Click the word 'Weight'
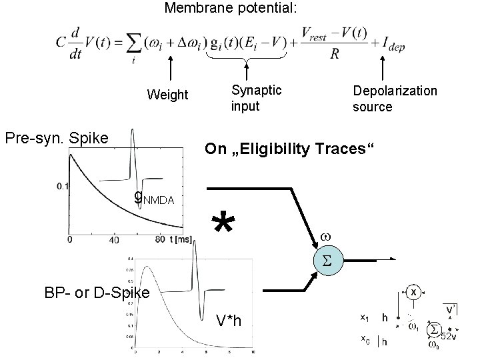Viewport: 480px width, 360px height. point(167,95)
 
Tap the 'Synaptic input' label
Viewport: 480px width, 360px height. point(256,97)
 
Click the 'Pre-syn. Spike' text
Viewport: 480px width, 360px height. point(65,139)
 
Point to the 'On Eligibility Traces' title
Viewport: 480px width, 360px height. point(291,149)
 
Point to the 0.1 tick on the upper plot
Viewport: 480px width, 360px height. point(62,185)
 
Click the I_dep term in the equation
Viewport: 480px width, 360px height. point(393,45)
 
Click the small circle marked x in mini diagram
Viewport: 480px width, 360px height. point(413,293)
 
